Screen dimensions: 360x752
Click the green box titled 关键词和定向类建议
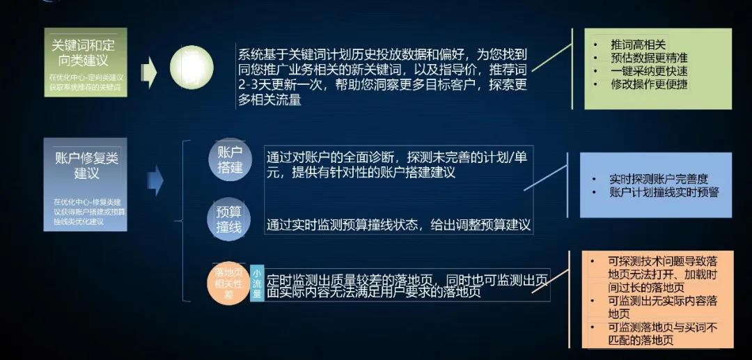86,62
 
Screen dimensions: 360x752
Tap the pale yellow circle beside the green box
191,68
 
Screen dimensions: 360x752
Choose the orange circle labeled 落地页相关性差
228,283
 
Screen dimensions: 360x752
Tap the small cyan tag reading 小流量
257,283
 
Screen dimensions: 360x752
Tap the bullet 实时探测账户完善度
658,179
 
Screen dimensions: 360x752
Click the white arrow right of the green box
148,70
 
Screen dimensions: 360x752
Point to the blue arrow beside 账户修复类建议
155,180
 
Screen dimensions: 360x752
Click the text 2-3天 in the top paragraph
254,86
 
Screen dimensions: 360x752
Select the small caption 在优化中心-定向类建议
86,77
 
